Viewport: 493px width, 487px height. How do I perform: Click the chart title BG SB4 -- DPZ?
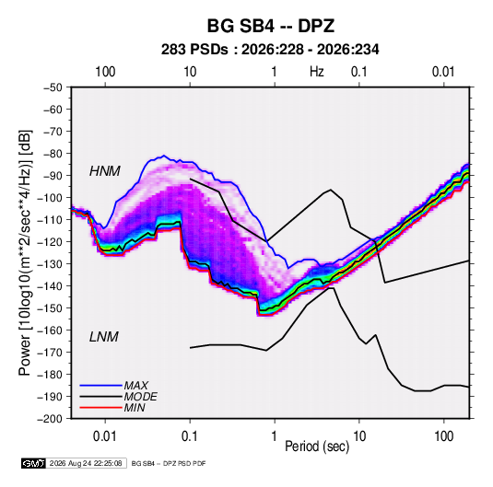click(x=270, y=26)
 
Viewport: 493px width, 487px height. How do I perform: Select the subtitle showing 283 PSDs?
click(x=270, y=50)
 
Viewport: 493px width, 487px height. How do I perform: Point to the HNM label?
click(x=105, y=171)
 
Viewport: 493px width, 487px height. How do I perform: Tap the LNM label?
click(x=104, y=337)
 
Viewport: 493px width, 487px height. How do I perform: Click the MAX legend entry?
click(x=135, y=385)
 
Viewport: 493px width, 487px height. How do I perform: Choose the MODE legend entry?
click(x=141, y=397)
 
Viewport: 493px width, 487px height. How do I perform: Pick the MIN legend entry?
click(x=135, y=408)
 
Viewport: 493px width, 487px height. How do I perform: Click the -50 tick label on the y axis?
click(x=53, y=87)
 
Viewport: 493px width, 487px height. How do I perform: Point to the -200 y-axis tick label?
click(x=50, y=419)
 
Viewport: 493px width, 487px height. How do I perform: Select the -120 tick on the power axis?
click(x=50, y=242)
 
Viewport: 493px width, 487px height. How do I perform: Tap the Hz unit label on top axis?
click(x=317, y=72)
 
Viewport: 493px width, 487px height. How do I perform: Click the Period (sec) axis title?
click(x=317, y=446)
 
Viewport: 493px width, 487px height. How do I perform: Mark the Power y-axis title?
click(x=25, y=253)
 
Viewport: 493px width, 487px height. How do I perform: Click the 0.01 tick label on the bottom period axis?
click(x=105, y=436)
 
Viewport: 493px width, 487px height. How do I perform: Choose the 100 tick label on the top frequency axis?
click(x=105, y=72)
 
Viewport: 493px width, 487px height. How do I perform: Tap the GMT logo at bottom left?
click(x=34, y=463)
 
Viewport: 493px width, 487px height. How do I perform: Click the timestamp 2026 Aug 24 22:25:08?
click(x=86, y=463)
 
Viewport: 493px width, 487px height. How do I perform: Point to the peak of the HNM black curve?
click(x=331, y=190)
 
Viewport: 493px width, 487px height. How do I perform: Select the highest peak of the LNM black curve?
click(x=331, y=288)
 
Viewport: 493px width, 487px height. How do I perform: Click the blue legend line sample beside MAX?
click(x=100, y=385)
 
